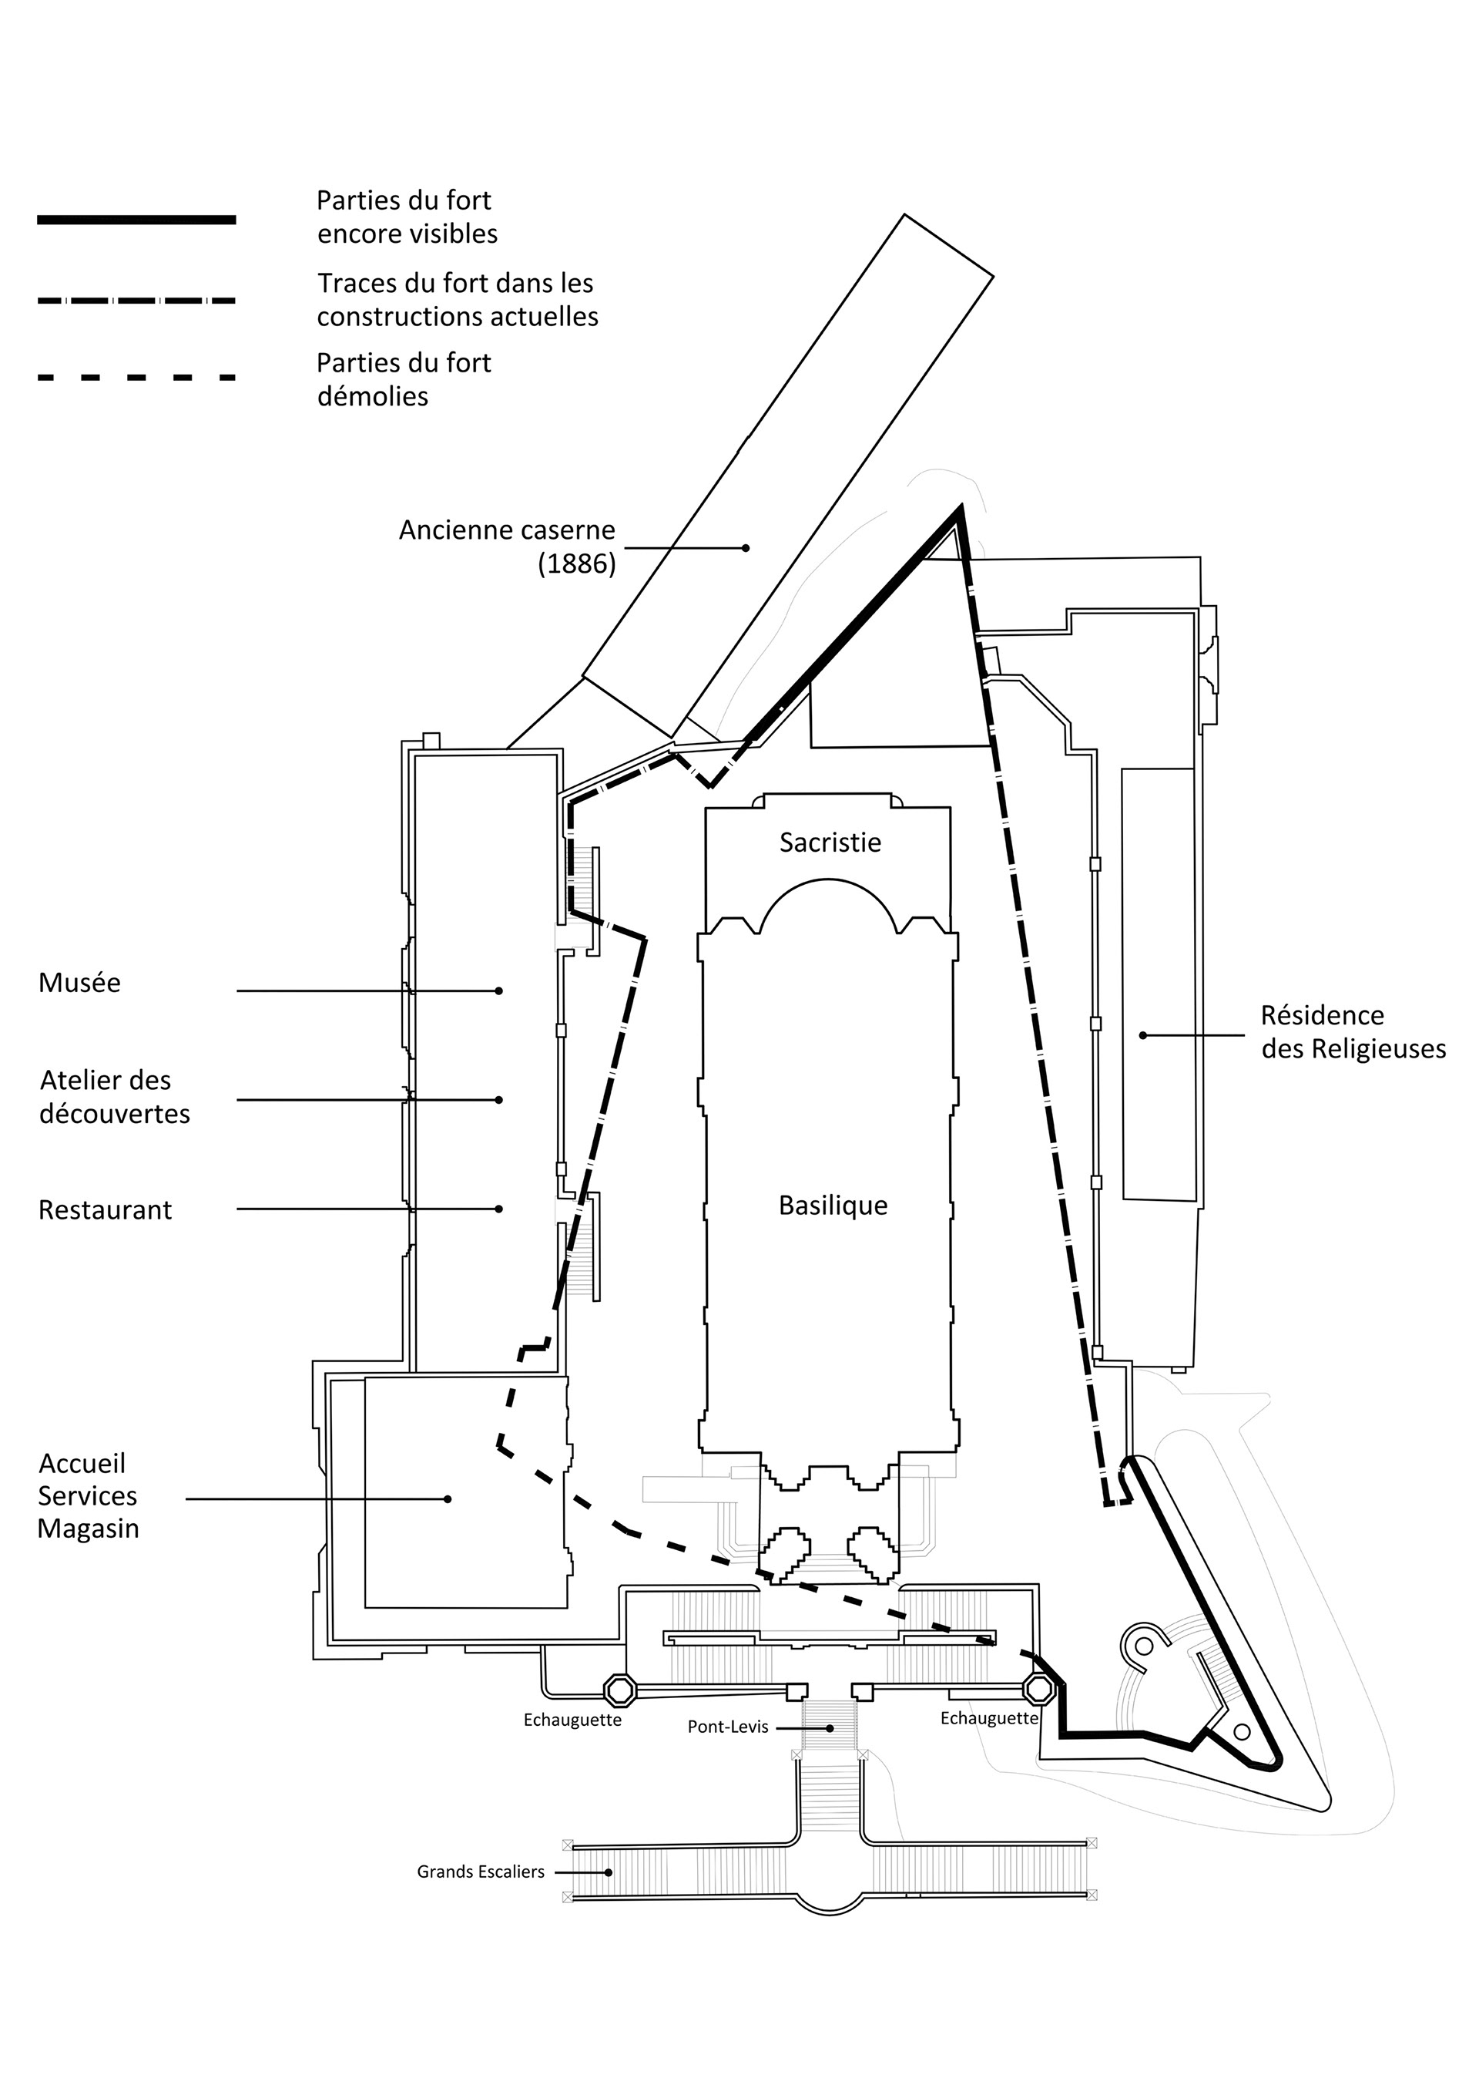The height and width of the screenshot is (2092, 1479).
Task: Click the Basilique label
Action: click(x=833, y=1206)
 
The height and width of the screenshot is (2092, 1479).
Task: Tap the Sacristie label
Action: click(x=830, y=843)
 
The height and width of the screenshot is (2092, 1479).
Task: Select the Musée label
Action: click(x=79, y=982)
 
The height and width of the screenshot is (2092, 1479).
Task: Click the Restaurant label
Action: click(x=105, y=1210)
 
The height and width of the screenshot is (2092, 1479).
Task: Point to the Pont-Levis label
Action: click(x=728, y=1727)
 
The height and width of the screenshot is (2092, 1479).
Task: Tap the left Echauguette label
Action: click(x=572, y=1720)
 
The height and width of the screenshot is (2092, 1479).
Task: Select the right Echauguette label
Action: click(x=989, y=1718)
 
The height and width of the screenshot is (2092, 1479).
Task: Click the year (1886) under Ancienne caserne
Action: click(x=576, y=564)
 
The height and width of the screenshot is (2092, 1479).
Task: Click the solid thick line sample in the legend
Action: click(x=136, y=220)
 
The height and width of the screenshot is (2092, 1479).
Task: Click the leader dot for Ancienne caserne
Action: click(x=746, y=547)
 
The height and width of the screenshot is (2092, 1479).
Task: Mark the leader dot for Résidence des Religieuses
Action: click(x=1143, y=1035)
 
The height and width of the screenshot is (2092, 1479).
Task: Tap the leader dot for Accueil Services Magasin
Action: click(x=448, y=1498)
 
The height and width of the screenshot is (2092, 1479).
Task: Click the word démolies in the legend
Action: click(x=373, y=397)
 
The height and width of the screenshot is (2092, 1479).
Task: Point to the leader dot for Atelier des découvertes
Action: click(x=499, y=1100)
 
